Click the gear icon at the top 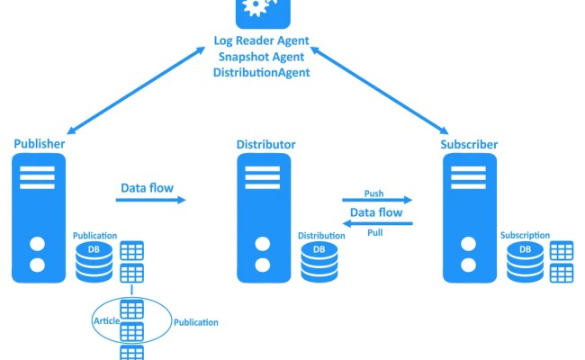pyautogui.click(x=261, y=11)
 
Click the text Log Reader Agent pyautogui.click(x=261, y=40)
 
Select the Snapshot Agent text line pyautogui.click(x=261, y=56)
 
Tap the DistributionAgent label pyautogui.click(x=261, y=71)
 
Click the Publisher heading pyautogui.click(x=39, y=143)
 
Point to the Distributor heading pyautogui.click(x=265, y=144)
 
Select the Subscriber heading pyautogui.click(x=469, y=144)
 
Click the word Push pyautogui.click(x=374, y=193)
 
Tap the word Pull pyautogui.click(x=375, y=232)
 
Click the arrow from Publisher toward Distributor pyautogui.click(x=152, y=200)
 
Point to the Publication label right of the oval pyautogui.click(x=195, y=321)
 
